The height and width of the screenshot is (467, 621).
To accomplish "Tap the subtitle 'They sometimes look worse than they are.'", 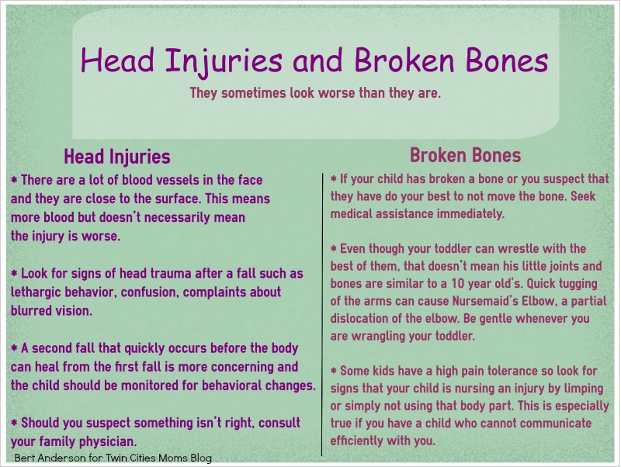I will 315,93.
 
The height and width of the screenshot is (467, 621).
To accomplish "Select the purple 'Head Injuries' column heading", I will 116,157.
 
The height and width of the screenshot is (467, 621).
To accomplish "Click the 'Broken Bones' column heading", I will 465,154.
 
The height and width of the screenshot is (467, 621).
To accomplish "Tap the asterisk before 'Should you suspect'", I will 14,423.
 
